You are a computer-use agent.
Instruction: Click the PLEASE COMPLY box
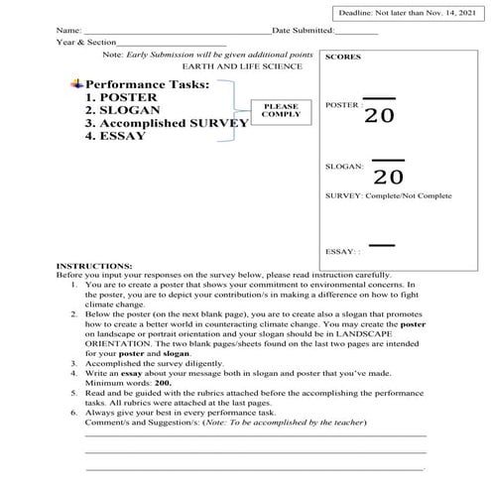pyautogui.click(x=281, y=110)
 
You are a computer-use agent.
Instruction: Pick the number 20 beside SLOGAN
pyautogui.click(x=389, y=177)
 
